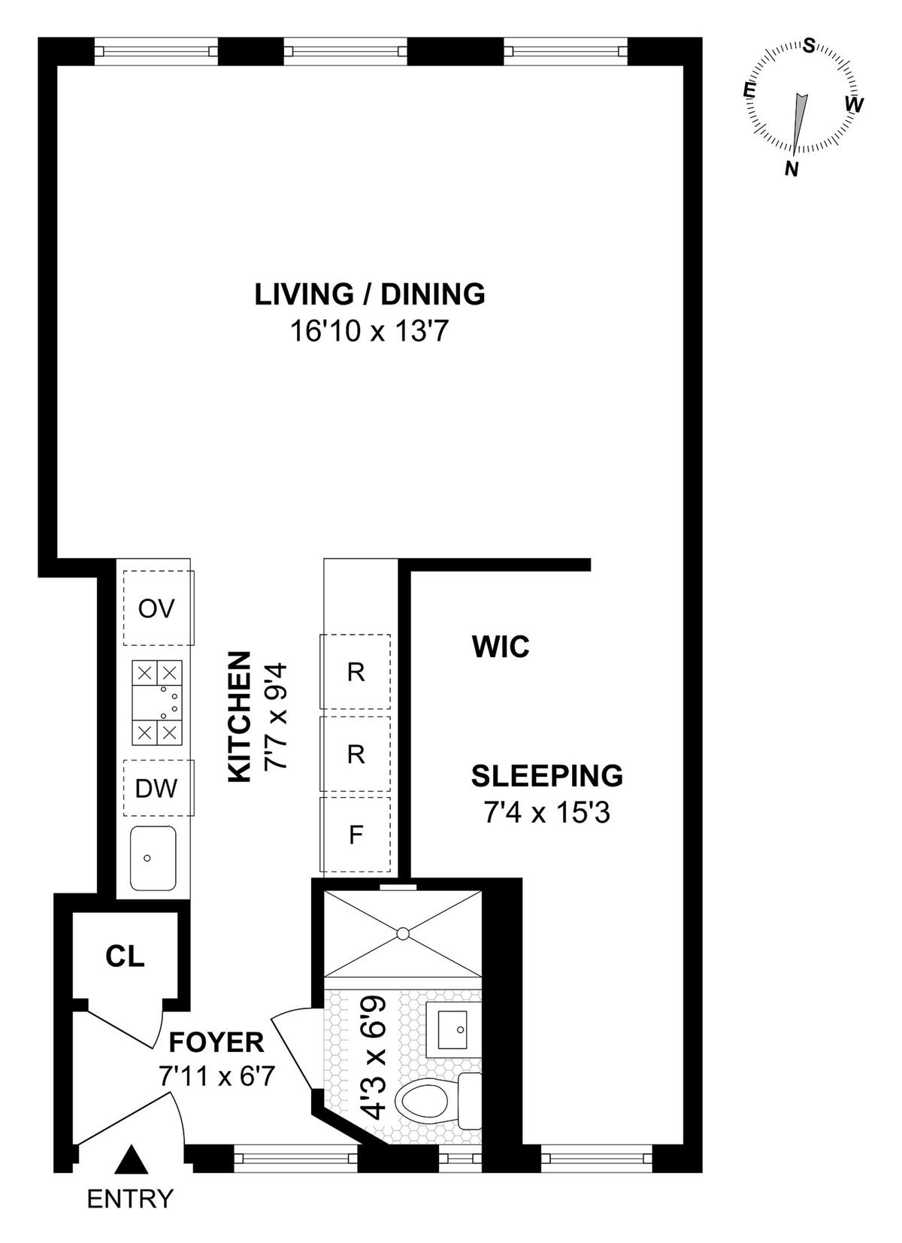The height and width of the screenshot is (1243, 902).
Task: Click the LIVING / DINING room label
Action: coord(370,295)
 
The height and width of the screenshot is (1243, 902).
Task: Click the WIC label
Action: coord(501,647)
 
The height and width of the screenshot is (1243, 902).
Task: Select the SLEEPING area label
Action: coord(547,776)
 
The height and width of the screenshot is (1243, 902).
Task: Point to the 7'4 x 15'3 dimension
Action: coord(547,814)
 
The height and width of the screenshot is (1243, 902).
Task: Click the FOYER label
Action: coord(216,1042)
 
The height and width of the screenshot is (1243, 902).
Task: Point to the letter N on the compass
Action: coord(792,168)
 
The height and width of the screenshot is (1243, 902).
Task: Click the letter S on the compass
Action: coord(810,46)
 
